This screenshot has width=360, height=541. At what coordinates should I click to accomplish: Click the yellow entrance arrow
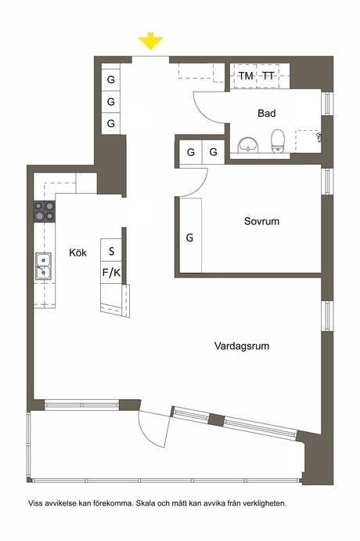(x=150, y=41)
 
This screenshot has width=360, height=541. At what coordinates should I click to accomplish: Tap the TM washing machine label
(x=246, y=75)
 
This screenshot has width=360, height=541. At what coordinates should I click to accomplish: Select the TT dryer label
(x=268, y=75)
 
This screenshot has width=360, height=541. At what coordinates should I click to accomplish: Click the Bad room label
(x=267, y=113)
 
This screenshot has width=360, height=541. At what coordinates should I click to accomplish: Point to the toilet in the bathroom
(x=277, y=141)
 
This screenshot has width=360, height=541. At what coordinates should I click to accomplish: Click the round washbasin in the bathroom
(x=248, y=144)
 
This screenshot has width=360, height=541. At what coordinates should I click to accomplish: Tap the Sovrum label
(x=261, y=221)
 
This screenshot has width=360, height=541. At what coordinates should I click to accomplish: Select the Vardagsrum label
(x=242, y=346)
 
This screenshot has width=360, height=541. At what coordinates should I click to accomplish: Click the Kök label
(x=77, y=252)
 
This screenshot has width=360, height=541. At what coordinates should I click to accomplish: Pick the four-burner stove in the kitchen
(x=45, y=211)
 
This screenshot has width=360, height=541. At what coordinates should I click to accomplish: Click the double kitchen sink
(x=43, y=265)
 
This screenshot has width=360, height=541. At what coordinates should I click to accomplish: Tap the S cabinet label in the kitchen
(x=111, y=251)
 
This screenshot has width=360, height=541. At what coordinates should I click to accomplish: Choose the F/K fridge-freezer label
(x=111, y=273)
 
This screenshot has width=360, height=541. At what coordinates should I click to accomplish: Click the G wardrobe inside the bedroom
(x=189, y=238)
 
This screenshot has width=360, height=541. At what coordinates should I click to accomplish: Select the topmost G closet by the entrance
(x=111, y=79)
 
